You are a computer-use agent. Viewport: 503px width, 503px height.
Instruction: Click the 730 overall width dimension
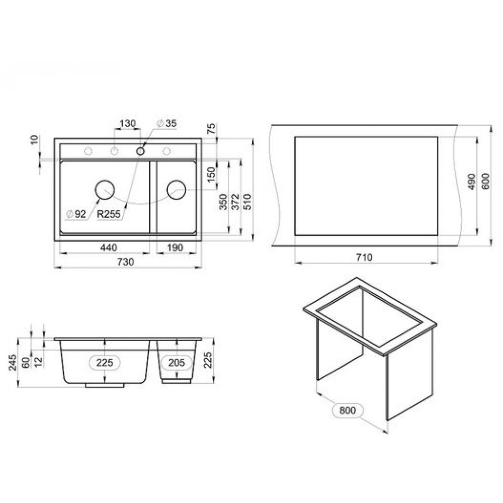[125, 262]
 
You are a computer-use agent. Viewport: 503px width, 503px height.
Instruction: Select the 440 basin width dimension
[109, 247]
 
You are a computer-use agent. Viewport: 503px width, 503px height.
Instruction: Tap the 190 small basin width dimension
[175, 247]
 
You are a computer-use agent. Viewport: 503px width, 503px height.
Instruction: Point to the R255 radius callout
[109, 214]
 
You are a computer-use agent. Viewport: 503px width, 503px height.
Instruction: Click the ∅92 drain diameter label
[76, 214]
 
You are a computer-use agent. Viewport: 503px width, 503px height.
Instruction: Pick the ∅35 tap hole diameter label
[167, 123]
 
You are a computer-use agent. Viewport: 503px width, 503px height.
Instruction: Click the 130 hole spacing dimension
[128, 124]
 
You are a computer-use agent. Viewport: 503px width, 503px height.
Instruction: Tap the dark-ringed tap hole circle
[140, 151]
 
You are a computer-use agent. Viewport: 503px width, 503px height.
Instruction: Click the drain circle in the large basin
[105, 190]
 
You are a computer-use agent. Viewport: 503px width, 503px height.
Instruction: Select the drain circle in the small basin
[177, 190]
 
